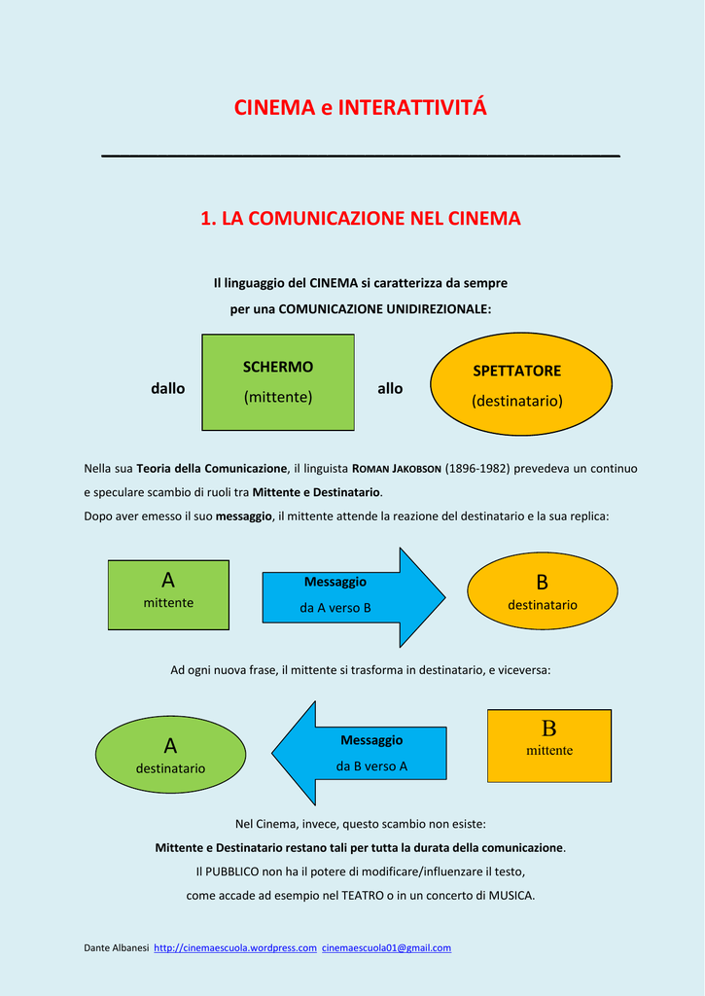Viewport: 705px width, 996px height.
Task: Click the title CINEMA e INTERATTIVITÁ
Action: [x=360, y=107]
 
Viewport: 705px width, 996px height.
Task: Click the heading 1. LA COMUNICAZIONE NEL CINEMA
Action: [x=360, y=219]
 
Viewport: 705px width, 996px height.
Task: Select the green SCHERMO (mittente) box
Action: [x=278, y=382]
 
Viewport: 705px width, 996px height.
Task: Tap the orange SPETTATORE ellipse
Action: [x=521, y=383]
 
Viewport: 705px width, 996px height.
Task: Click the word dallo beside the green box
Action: [x=167, y=388]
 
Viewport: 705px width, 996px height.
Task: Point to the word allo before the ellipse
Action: [x=390, y=388]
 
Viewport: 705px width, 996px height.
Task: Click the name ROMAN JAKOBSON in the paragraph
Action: [x=395, y=469]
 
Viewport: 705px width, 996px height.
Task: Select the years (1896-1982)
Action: [x=477, y=469]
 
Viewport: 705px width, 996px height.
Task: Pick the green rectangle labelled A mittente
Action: [x=168, y=594]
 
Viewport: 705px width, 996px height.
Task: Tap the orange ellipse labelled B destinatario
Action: [x=543, y=590]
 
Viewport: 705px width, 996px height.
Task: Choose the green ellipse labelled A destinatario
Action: [x=170, y=755]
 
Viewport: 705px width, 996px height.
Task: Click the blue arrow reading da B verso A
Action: [x=359, y=754]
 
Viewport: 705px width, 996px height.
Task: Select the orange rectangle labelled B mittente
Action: [x=549, y=746]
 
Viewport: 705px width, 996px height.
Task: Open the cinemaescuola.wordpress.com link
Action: [x=235, y=948]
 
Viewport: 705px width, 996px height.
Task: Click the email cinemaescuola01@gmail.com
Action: [x=387, y=948]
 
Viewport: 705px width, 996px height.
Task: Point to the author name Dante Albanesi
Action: [x=117, y=948]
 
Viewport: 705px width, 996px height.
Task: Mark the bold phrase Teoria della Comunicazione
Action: [x=212, y=469]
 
